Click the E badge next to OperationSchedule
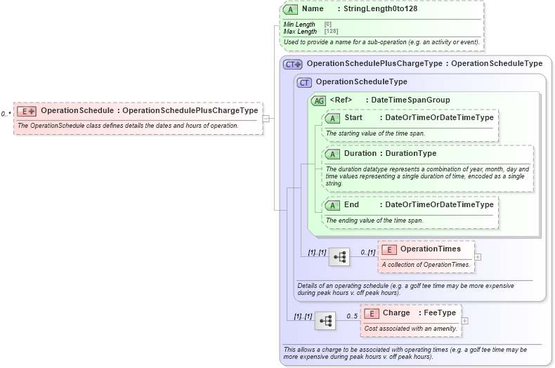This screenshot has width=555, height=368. click(27, 111)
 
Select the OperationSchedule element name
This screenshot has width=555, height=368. click(77, 110)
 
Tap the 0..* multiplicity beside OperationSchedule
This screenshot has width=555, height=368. click(6, 113)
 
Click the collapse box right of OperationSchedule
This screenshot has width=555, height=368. click(266, 119)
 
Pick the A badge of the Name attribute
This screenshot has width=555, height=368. click(291, 9)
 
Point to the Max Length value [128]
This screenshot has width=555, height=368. click(328, 32)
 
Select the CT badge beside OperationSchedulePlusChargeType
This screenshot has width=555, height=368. click(293, 64)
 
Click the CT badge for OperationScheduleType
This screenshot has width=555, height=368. click(304, 82)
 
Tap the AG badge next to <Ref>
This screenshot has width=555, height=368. click(319, 100)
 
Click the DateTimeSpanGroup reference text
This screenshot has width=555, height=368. click(410, 100)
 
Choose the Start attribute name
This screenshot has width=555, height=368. click(353, 117)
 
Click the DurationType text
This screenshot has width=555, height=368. click(410, 153)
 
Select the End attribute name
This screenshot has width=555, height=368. click(351, 204)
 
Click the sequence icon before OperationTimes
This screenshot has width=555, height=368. click(339, 257)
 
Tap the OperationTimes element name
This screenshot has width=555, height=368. click(431, 249)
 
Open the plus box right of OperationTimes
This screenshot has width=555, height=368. click(478, 256)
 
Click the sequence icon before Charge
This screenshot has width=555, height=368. click(325, 321)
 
